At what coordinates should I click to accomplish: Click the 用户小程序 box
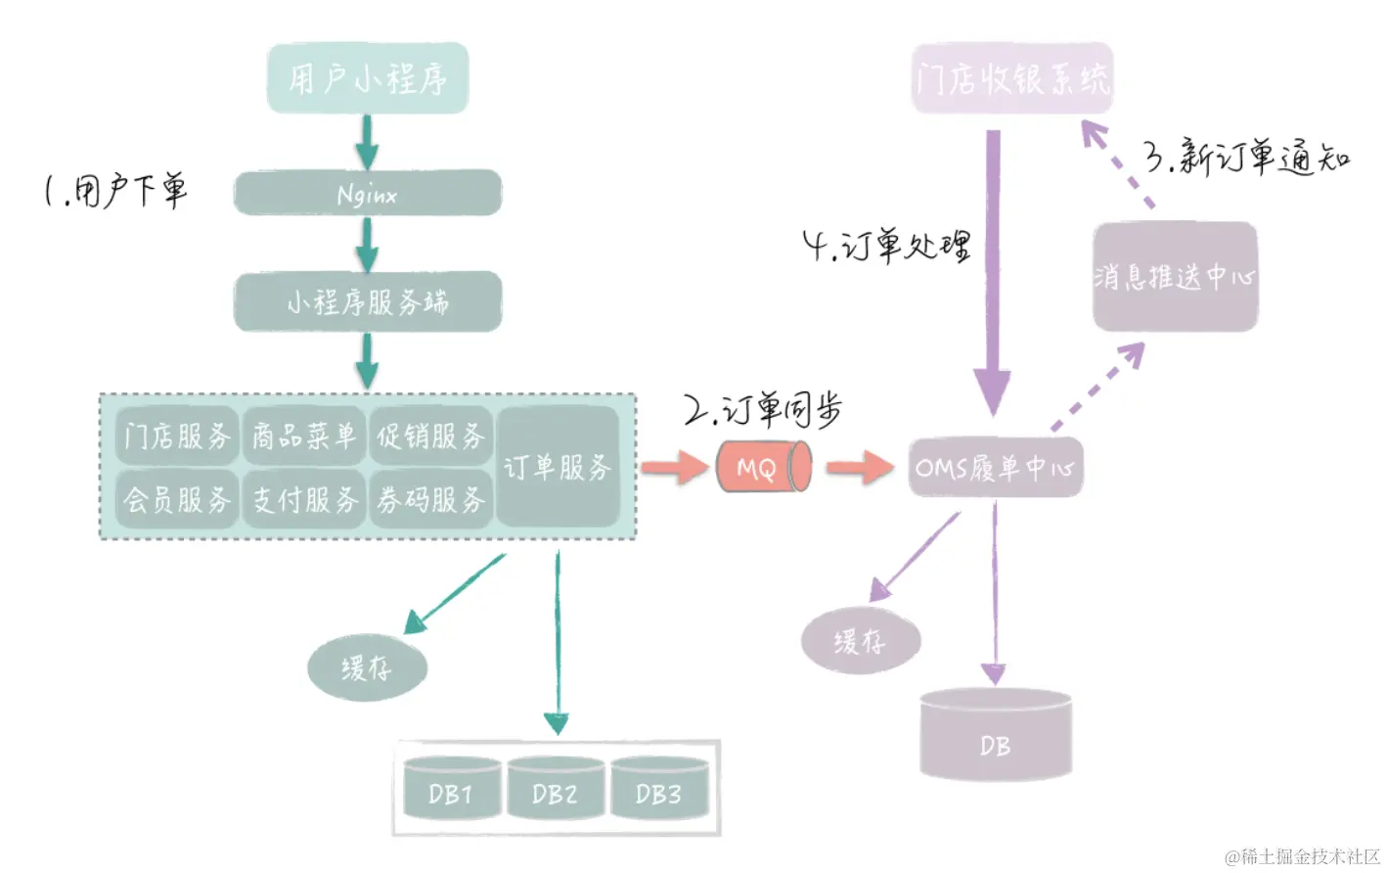pyautogui.click(x=368, y=78)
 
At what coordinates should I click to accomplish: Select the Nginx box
pyautogui.click(x=368, y=194)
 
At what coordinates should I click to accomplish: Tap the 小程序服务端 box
pyautogui.click(x=368, y=301)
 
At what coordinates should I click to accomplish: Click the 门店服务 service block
pyautogui.click(x=177, y=436)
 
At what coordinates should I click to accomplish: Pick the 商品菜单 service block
pyautogui.click(x=304, y=436)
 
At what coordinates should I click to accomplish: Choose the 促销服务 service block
pyautogui.click(x=430, y=436)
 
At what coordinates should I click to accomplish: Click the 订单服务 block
pyautogui.click(x=558, y=467)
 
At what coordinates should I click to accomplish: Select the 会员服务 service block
pyautogui.click(x=177, y=499)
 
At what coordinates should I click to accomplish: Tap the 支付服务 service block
pyautogui.click(x=304, y=499)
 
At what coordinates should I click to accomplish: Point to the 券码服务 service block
pyautogui.click(x=430, y=499)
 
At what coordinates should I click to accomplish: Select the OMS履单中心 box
pyautogui.click(x=995, y=468)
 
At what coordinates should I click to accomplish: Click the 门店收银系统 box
pyautogui.click(x=1012, y=78)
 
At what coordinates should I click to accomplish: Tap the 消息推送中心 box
pyautogui.click(x=1175, y=276)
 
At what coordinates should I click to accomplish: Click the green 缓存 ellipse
pyautogui.click(x=367, y=668)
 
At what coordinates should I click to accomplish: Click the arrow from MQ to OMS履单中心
pyautogui.click(x=858, y=467)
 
